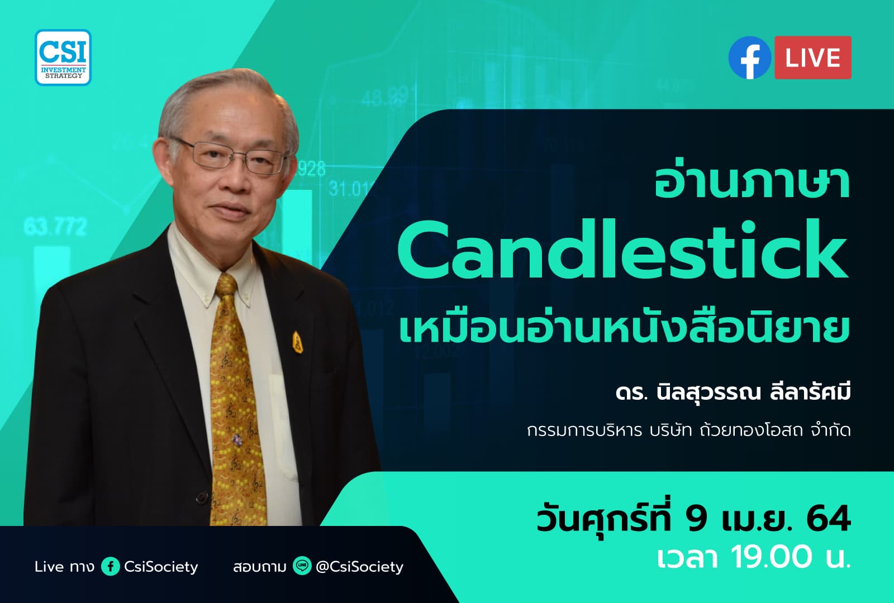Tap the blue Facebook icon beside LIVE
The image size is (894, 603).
(x=749, y=58)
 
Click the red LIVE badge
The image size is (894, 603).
(x=812, y=58)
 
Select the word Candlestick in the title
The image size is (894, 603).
(x=622, y=250)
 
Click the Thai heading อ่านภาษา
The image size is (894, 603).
(x=752, y=182)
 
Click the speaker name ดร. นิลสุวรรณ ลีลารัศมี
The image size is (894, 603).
(x=733, y=393)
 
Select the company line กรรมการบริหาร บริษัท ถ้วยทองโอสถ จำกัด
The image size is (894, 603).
(x=688, y=430)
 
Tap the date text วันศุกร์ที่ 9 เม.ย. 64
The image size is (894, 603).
(x=693, y=519)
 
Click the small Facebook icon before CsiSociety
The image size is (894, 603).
(x=110, y=567)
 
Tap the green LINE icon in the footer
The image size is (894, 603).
(x=302, y=567)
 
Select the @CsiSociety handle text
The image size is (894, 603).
(x=359, y=567)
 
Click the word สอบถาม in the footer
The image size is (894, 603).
(x=259, y=567)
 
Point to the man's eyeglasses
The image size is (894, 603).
(x=235, y=155)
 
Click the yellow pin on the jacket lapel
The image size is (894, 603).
(x=297, y=342)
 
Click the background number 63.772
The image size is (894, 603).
(x=55, y=227)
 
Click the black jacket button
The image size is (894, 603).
(x=201, y=496)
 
